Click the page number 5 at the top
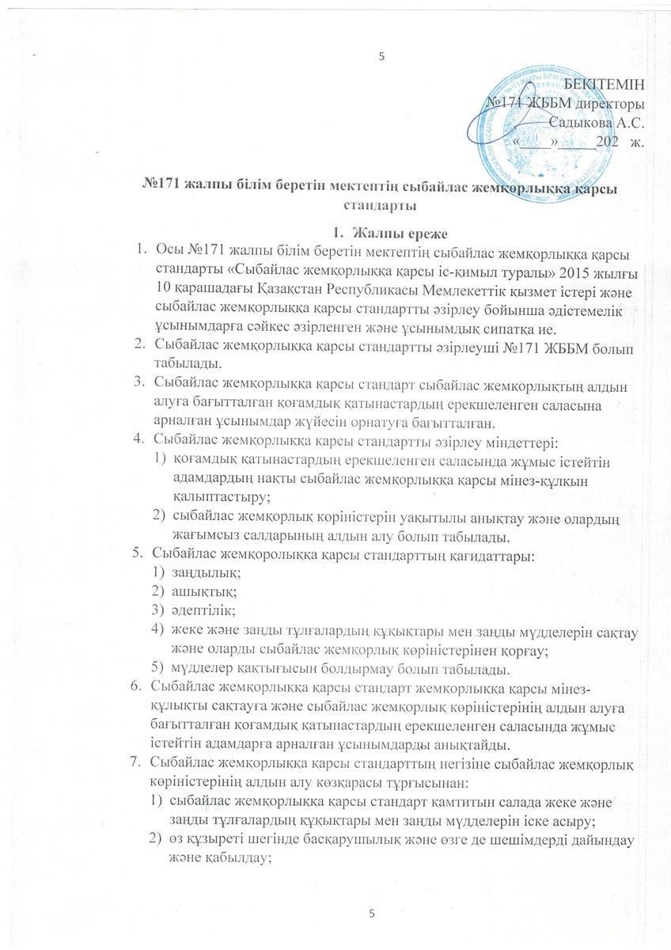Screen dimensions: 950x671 381,55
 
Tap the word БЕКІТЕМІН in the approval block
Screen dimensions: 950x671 605,85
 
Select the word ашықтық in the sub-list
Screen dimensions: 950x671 196,591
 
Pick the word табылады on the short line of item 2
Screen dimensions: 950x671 182,364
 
